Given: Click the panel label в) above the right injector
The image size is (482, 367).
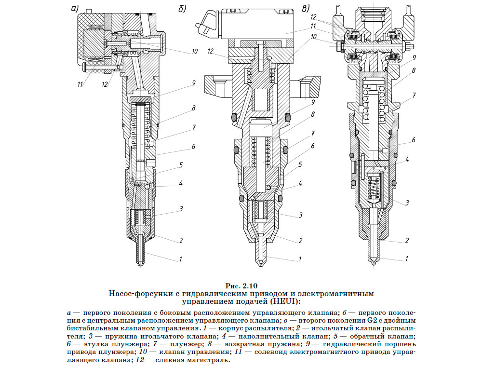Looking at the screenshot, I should coord(305,8).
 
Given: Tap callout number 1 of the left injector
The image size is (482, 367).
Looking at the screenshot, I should coord(180,259).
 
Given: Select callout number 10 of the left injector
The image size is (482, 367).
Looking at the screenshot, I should coord(194,51).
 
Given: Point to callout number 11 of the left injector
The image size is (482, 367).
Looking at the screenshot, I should coord(80,85).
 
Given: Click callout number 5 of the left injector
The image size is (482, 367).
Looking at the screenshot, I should coord(181,165).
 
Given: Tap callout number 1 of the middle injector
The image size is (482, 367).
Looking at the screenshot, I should coord(300,259).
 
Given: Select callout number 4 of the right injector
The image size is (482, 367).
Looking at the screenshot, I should coord(407,159).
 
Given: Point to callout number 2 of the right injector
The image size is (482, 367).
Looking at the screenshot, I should coord(407,240).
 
